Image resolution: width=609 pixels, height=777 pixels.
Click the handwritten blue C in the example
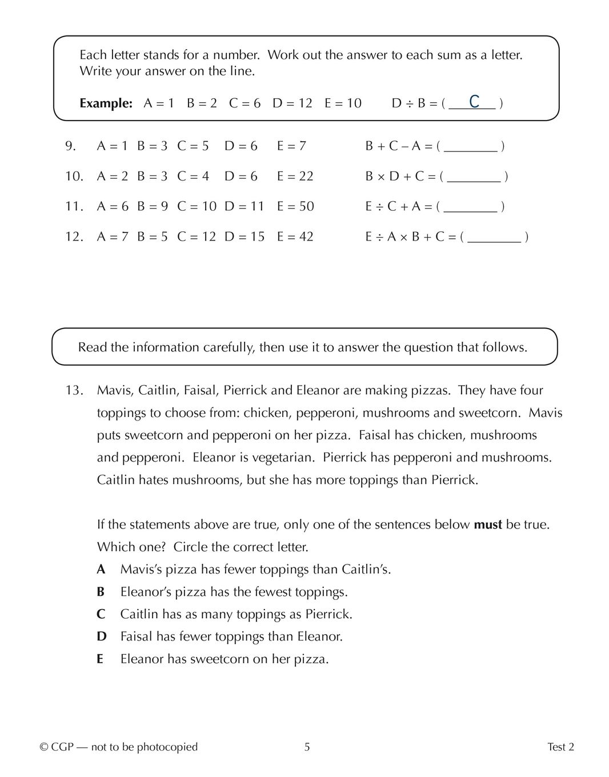474,102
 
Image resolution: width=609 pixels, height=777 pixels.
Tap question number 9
70,146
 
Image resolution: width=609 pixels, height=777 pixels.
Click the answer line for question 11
470,207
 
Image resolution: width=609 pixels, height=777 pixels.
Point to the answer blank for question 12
494,238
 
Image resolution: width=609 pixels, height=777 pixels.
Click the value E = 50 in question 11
295,206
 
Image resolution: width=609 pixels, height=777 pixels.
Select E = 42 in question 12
295,237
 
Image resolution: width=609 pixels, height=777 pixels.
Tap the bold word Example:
106,103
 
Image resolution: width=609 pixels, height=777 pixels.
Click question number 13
74,391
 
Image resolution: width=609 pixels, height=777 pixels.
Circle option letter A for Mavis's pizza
101,570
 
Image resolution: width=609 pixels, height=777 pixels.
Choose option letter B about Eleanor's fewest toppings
101,592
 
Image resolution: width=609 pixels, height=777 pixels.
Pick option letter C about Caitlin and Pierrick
101,614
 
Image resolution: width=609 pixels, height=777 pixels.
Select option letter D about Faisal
102,636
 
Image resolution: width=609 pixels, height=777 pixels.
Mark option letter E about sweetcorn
101,659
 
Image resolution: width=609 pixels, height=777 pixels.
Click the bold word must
488,524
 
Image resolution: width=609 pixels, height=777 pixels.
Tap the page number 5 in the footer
307,747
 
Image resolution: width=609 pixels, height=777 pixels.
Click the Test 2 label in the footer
560,747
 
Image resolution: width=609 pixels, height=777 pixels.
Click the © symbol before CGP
44,747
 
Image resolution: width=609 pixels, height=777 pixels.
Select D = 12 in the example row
293,103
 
